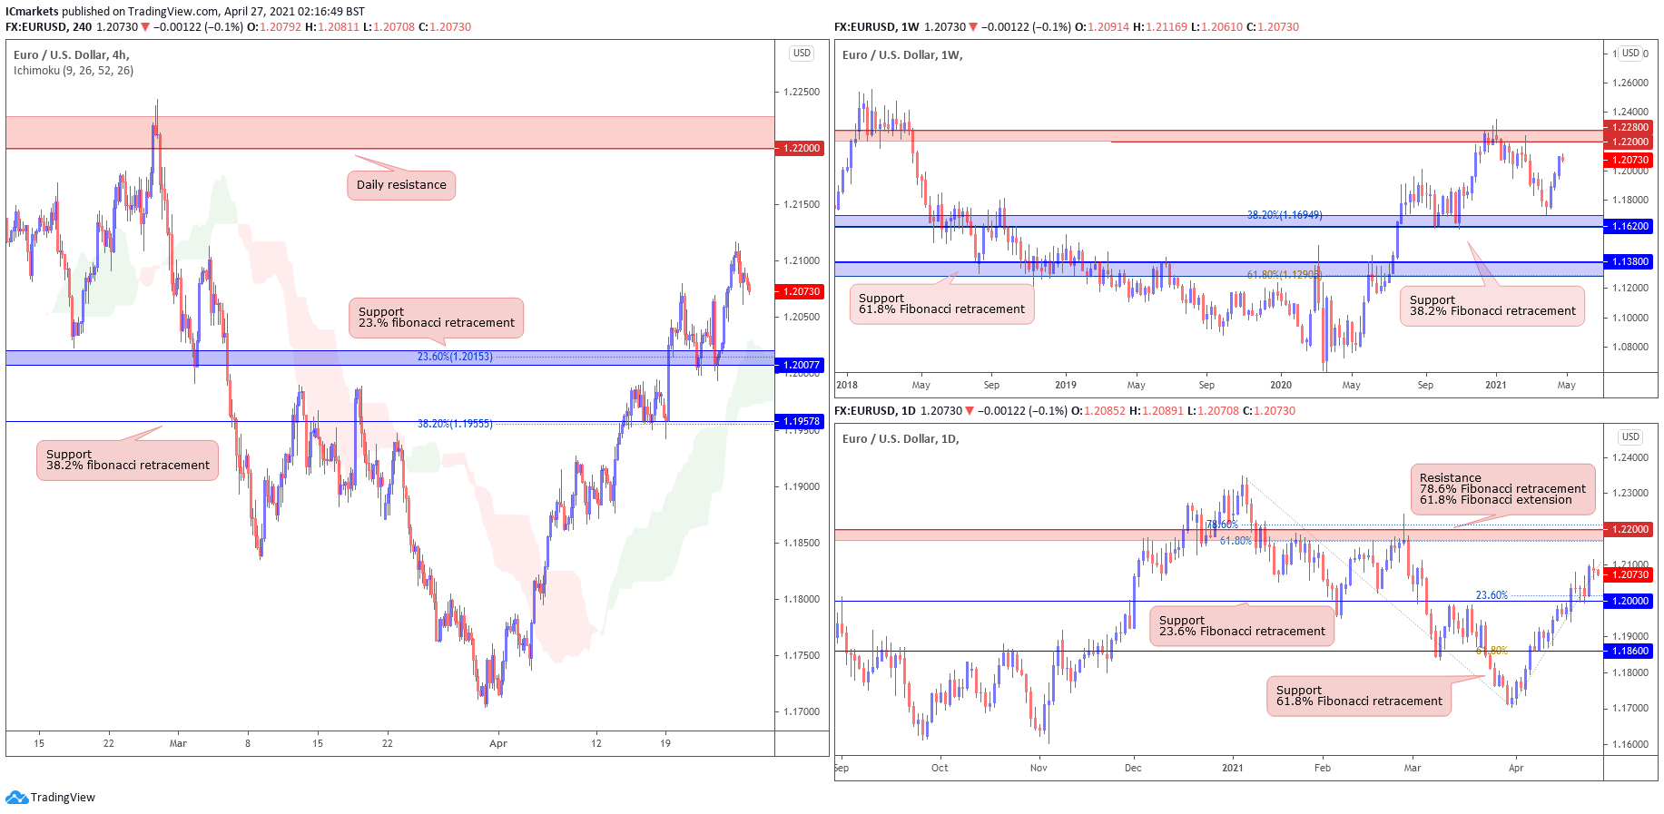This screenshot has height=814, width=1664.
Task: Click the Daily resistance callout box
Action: coord(401,185)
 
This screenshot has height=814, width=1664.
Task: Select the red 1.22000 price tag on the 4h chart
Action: coord(800,148)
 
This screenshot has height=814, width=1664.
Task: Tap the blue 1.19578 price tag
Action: coord(800,421)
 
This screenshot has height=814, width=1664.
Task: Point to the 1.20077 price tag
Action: coord(800,365)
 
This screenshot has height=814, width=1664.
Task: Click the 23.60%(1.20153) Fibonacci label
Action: coord(455,357)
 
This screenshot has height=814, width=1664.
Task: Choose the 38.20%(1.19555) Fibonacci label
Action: coord(455,424)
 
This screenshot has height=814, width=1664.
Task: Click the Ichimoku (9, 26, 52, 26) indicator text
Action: coord(74,71)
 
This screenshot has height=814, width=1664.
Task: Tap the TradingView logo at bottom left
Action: coord(51,798)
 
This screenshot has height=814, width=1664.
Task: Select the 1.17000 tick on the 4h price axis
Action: coord(801,711)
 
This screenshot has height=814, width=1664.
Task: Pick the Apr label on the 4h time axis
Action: coord(498,743)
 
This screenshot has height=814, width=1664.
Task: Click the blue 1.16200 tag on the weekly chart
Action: coord(1630,226)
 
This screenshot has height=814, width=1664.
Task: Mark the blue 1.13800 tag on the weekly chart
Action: coord(1630,261)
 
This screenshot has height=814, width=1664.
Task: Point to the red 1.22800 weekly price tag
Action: coord(1630,127)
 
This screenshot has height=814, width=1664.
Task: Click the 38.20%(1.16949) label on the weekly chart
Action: coord(1285,215)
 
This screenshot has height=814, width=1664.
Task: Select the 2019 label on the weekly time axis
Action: coord(1066,385)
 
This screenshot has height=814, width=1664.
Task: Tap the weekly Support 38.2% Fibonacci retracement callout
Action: coord(1492,306)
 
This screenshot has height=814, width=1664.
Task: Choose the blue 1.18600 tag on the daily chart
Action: coord(1630,651)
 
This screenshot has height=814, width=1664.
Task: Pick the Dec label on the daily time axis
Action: coord(1133,768)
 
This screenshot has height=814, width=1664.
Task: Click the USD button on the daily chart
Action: coord(1630,436)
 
